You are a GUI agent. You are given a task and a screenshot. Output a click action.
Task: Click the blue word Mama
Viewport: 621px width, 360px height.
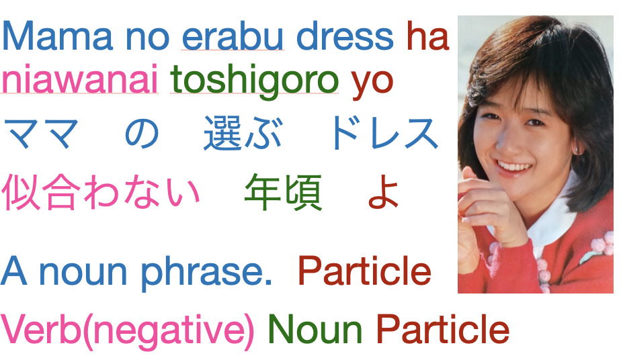pyautogui.click(x=57, y=36)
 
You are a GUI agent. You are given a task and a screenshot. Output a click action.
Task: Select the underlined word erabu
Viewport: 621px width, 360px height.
pyautogui.click(x=233, y=36)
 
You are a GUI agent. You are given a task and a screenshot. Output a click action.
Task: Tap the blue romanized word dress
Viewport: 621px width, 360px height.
pyautogui.click(x=345, y=36)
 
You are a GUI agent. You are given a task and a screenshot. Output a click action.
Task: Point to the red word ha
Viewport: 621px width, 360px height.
pyautogui.click(x=428, y=36)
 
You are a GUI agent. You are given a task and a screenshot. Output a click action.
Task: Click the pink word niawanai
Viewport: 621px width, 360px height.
pyautogui.click(x=79, y=79)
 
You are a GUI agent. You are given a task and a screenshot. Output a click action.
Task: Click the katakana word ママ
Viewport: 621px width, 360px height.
pyautogui.click(x=41, y=133)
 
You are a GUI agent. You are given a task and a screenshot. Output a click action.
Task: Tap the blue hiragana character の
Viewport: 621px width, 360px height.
pyautogui.click(x=142, y=134)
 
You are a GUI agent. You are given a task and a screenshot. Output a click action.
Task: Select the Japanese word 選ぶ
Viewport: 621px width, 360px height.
pyautogui.click(x=243, y=133)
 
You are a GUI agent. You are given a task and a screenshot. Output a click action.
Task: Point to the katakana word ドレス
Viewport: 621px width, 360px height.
pyautogui.click(x=385, y=133)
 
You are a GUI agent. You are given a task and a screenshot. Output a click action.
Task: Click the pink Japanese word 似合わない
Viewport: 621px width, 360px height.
pyautogui.click(x=101, y=192)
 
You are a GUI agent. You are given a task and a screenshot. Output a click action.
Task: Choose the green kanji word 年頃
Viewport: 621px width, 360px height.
pyautogui.click(x=283, y=192)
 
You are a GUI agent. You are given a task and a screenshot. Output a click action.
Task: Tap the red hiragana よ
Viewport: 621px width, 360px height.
pyautogui.click(x=382, y=193)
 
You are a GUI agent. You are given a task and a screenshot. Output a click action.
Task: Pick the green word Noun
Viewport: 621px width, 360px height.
pyautogui.click(x=315, y=329)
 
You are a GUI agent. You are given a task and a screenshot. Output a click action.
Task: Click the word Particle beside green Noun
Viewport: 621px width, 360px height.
pyautogui.click(x=442, y=329)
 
